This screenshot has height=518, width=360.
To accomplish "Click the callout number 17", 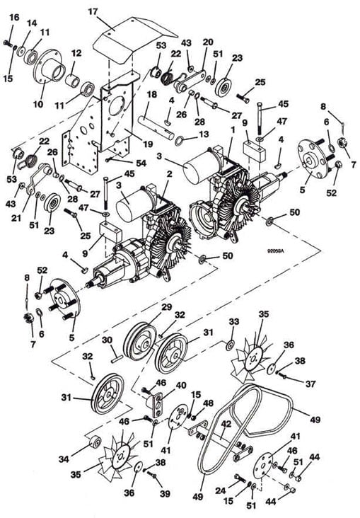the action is click(93, 12).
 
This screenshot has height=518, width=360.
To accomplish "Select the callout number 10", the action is click(38, 104).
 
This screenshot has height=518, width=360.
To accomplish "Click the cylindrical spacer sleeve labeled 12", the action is click(73, 80).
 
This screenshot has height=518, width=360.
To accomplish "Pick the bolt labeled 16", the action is click(7, 42).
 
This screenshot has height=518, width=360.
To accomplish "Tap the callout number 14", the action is click(32, 23).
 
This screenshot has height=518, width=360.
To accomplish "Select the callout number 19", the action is click(148, 144).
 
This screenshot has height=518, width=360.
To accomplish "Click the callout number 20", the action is click(208, 42).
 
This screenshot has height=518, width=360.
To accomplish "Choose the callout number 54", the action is click(141, 163).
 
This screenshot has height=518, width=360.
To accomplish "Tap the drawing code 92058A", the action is click(275, 251).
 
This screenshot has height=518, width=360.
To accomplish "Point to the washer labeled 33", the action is click(230, 345).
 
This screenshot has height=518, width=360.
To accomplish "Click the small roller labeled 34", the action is click(95, 442).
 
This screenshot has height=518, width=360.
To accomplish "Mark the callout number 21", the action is click(16, 218).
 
